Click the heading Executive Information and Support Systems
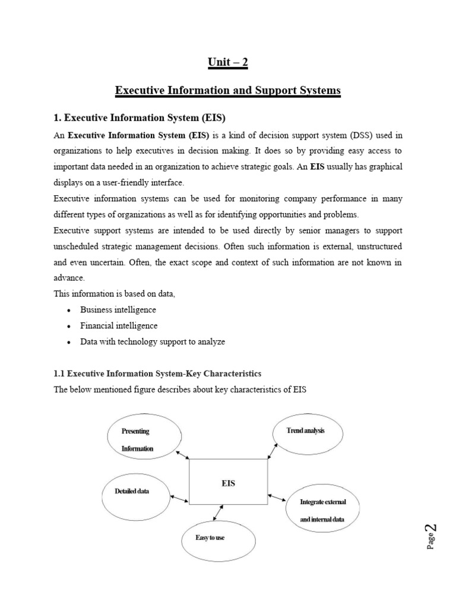[228, 91]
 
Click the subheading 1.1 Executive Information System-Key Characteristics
[157, 373]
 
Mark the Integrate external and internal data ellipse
[322, 511]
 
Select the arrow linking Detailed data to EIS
[179, 496]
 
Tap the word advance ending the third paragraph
[68, 278]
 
